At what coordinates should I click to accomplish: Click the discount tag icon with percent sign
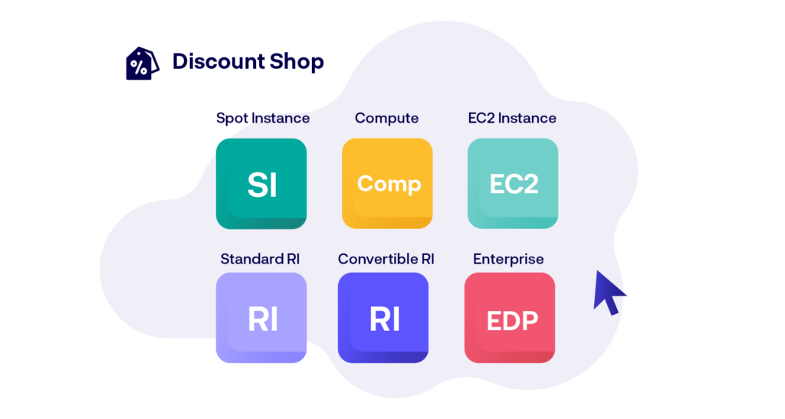pyautogui.click(x=142, y=64)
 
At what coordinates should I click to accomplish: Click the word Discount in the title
pyautogui.click(x=218, y=61)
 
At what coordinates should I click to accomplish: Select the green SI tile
pyautogui.click(x=261, y=184)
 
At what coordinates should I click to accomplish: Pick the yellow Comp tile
pyautogui.click(x=387, y=184)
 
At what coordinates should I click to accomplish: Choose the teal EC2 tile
pyautogui.click(x=513, y=184)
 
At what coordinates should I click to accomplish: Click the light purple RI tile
pyautogui.click(x=261, y=317)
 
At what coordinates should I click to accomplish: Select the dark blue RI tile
pyautogui.click(x=383, y=317)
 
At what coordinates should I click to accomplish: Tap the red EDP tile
pyautogui.click(x=510, y=317)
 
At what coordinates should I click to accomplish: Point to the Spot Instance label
pyautogui.click(x=263, y=119)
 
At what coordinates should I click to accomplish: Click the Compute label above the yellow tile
pyautogui.click(x=386, y=119)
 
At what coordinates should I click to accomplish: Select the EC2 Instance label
pyautogui.click(x=512, y=118)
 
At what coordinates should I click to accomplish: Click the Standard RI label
pyautogui.click(x=260, y=259)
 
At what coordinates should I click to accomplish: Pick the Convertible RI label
pyautogui.click(x=386, y=259)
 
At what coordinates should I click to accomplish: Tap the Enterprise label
pyautogui.click(x=508, y=260)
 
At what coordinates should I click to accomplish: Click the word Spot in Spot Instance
pyautogui.click(x=232, y=119)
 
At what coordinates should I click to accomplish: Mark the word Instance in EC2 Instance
pyautogui.click(x=527, y=118)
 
